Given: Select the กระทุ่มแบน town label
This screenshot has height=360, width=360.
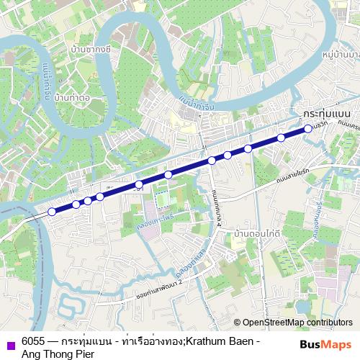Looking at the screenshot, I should (327, 114).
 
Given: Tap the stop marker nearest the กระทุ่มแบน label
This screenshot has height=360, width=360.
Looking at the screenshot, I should (307, 128).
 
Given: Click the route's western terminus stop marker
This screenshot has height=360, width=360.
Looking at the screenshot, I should (52, 212).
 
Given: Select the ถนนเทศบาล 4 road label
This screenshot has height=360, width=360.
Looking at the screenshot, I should (215, 203).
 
